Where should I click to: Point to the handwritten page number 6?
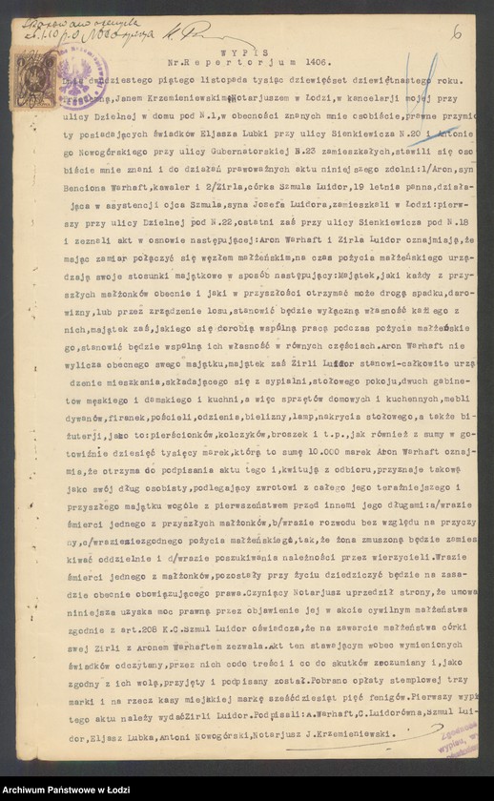tap(458, 31)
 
